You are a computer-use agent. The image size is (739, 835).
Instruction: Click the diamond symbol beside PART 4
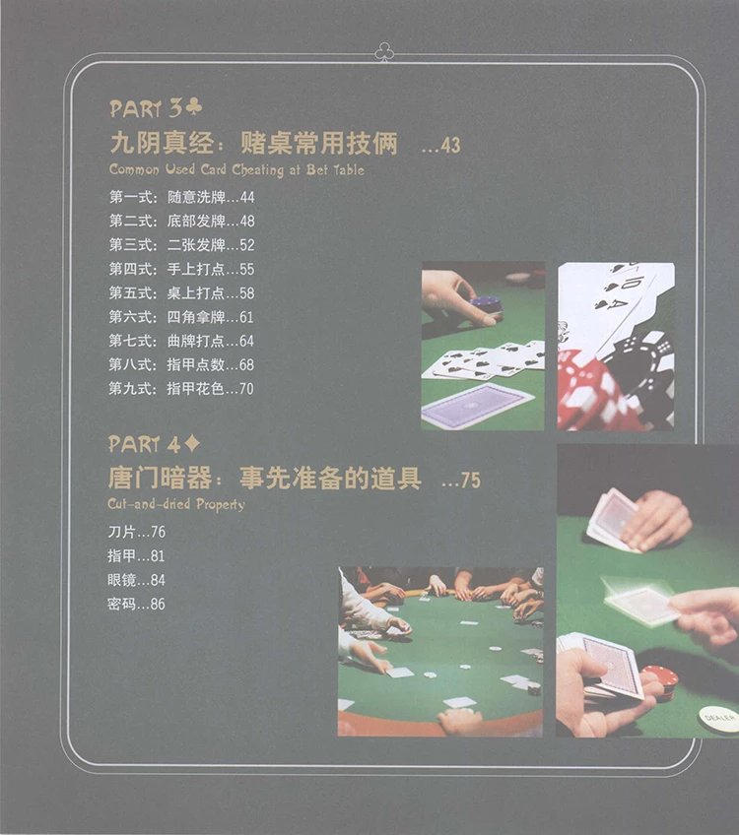(192, 443)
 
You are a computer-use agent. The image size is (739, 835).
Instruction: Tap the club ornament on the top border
(384, 52)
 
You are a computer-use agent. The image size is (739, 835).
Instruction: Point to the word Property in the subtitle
(220, 504)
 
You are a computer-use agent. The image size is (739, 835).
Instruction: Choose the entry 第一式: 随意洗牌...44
(181, 197)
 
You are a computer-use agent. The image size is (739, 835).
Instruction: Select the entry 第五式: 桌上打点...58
(181, 292)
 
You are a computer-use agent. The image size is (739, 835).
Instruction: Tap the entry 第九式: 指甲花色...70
(181, 388)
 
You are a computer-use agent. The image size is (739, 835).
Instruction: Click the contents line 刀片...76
(136, 532)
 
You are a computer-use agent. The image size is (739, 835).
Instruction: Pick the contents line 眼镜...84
(136, 579)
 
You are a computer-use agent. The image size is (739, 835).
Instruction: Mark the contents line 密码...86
(136, 604)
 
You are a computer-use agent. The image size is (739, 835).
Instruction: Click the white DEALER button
(718, 719)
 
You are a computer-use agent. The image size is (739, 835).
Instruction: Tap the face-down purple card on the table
(477, 405)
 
